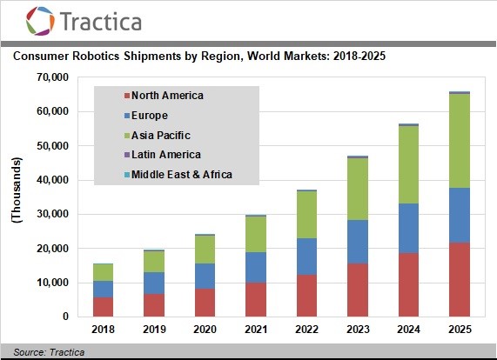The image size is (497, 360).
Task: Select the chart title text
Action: pos(198,57)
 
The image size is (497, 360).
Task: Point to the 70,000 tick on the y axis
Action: pos(49,77)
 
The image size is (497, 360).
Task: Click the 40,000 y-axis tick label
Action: pos(49,180)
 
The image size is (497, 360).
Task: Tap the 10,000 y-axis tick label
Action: pos(49,283)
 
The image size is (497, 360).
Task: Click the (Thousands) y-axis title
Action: pos(16,191)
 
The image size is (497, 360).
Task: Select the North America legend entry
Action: pos(165,95)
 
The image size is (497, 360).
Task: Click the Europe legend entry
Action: pos(149,115)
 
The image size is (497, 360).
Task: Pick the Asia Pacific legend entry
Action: pos(159,135)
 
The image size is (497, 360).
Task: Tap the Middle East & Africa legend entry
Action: pos(181,175)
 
